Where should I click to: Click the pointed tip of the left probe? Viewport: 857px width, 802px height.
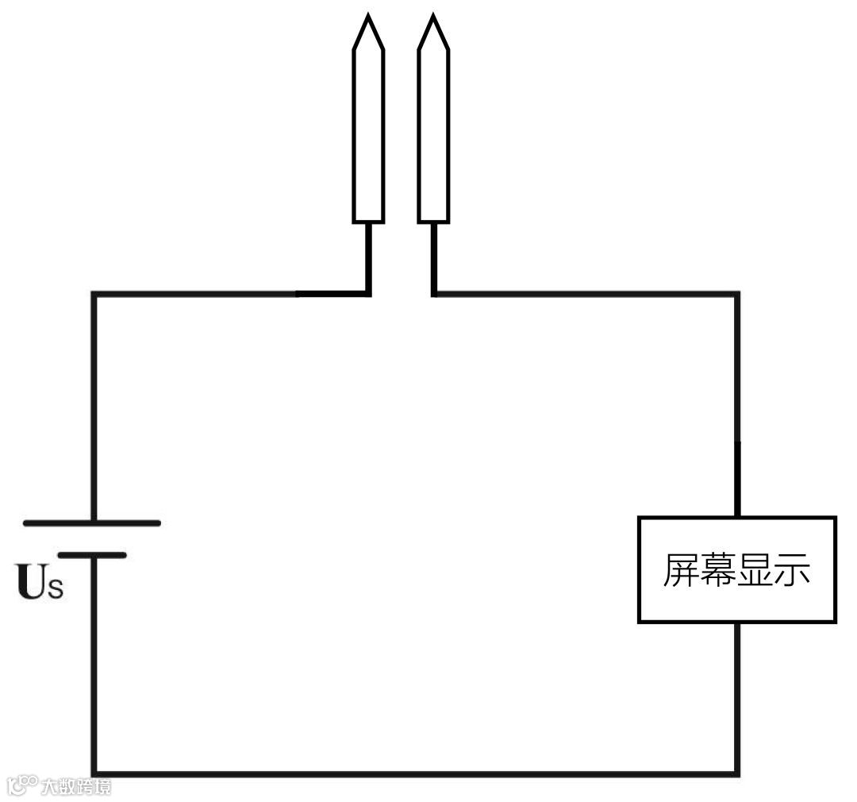pos(368,17)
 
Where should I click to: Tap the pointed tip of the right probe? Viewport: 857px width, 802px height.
pos(433,17)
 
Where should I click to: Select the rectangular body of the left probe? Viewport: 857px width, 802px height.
pos(368,135)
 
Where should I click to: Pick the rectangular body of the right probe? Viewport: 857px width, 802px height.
pos(433,135)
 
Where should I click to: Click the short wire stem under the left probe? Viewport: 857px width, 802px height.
pos(368,258)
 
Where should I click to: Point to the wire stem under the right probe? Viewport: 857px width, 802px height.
pos(434,258)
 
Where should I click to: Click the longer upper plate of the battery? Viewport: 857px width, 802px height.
pos(92,522)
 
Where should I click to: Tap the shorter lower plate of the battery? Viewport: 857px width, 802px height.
pos(92,555)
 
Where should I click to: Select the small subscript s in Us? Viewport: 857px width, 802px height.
pos(54,589)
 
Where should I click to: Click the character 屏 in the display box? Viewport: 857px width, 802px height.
pos(681,570)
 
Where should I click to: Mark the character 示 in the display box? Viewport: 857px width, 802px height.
pos(792,570)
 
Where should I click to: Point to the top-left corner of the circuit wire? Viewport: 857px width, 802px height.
pos(94,295)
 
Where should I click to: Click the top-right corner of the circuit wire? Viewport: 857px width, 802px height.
pos(737,295)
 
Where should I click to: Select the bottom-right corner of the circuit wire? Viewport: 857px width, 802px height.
pos(737,773)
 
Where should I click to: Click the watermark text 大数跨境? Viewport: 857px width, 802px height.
pos(75,787)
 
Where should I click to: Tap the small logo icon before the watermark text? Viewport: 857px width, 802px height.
pos(22,785)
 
